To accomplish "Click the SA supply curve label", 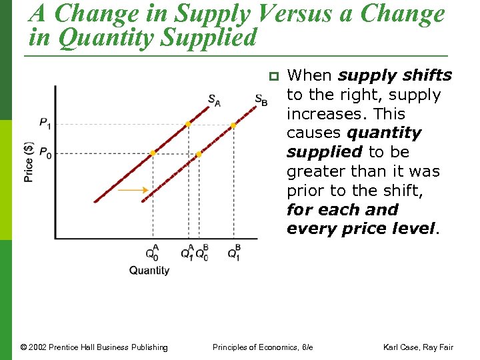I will point(214,100).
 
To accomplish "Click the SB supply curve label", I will point(261,100).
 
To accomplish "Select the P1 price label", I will point(45,123).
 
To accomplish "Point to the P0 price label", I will point(45,153).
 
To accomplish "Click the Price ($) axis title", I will point(29,161).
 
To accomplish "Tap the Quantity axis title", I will point(149,270).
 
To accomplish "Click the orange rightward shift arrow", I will point(133,191).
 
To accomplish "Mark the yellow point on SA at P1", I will point(189,124).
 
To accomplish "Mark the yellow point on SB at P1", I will point(233,125).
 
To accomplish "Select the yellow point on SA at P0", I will point(153,153).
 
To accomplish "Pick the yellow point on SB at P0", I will point(198,154).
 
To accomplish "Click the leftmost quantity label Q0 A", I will point(153,252).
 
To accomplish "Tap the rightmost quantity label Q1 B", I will point(234,252).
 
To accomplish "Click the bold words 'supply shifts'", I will point(395,76).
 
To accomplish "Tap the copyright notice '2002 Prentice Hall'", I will point(94,347).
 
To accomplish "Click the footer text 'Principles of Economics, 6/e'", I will point(262,347).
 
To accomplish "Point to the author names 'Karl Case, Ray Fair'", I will point(418,347).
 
